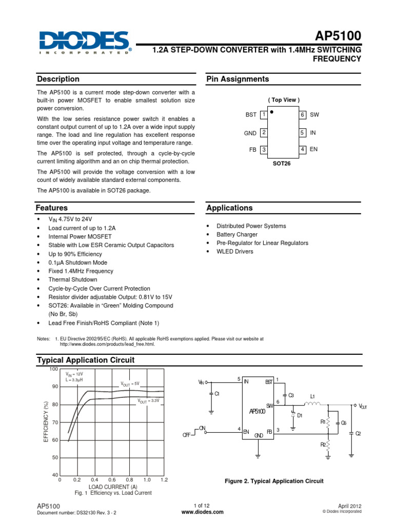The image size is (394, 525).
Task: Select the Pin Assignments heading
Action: (238, 79)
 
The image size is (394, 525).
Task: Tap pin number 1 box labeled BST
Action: (263, 115)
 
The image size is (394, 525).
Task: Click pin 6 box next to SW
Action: (303, 115)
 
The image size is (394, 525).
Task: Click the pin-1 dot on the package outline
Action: (272, 110)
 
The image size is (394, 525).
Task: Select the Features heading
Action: (52, 208)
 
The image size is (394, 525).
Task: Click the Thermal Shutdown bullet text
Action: (73, 280)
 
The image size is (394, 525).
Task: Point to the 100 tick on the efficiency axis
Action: (54, 369)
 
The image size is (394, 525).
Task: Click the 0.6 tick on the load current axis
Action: (112, 479)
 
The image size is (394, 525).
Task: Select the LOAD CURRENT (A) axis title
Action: (113, 486)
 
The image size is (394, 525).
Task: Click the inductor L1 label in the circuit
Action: (312, 396)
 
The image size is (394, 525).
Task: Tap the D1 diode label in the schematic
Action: (300, 415)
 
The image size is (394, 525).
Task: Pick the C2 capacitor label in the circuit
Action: (358, 434)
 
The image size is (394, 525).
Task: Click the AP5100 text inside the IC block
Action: (257, 411)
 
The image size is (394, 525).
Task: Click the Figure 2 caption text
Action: (274, 481)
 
